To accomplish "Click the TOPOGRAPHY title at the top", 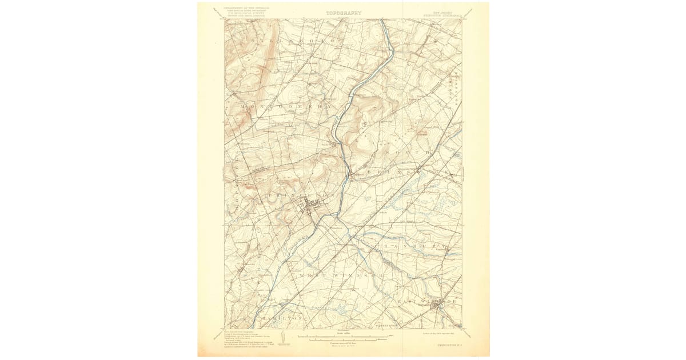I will (344, 13).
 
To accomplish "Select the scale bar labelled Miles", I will (343, 335).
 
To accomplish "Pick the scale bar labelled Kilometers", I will (343, 340).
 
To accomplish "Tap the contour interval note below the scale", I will (343, 345).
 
